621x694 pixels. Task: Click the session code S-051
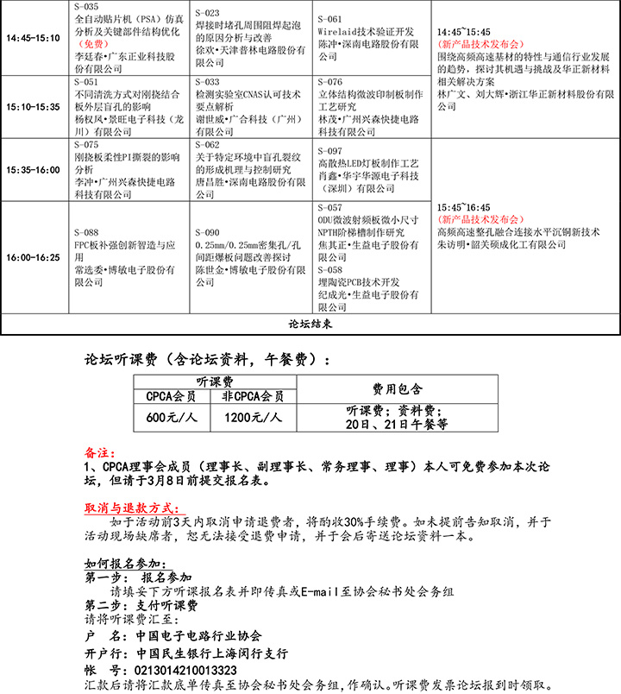tap(86, 82)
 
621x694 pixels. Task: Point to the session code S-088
tap(86, 232)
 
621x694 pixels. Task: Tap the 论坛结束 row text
tap(310, 325)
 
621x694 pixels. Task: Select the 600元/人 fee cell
tap(171, 418)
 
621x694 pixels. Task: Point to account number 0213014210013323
tap(181, 670)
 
